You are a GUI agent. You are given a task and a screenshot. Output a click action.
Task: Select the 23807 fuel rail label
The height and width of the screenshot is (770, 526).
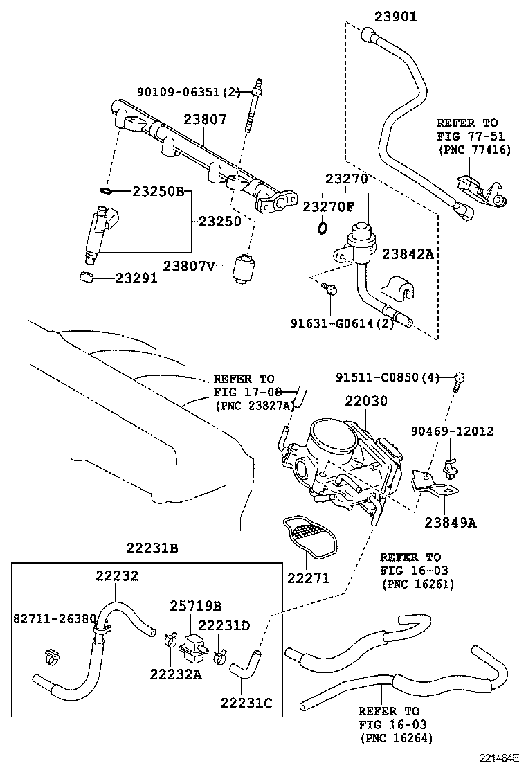205,119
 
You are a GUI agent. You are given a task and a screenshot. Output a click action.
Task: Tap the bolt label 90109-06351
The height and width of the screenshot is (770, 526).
187,91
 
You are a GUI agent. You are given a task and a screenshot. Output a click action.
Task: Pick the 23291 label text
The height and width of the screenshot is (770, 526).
136,278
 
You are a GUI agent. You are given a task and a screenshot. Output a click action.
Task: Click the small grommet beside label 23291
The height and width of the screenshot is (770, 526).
87,278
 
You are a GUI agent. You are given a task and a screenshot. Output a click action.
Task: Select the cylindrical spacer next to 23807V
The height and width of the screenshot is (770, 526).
244,267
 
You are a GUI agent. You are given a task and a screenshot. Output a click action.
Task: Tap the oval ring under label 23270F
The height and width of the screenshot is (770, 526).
322,227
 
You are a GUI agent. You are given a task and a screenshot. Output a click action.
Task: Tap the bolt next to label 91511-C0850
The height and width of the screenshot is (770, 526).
459,379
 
